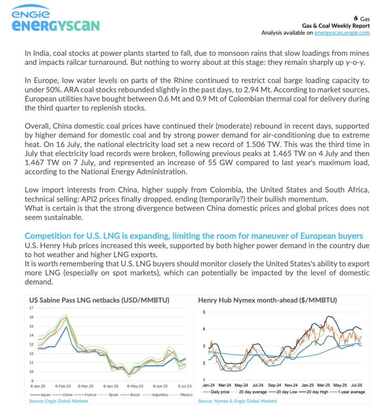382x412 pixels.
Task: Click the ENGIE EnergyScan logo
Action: tap(56, 20)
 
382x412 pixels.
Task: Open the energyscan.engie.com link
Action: tap(342, 33)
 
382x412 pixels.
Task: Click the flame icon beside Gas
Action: tap(355, 19)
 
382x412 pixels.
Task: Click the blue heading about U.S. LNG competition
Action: tap(194, 236)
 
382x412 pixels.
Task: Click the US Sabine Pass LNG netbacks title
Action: tap(99, 300)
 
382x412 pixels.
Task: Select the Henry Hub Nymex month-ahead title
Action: tap(268, 300)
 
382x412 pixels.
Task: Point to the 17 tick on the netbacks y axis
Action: tap(31, 308)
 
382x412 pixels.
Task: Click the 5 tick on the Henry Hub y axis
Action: tap(204, 312)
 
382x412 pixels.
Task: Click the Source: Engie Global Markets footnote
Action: tap(58, 401)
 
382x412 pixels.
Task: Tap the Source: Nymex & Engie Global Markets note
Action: tap(237, 401)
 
